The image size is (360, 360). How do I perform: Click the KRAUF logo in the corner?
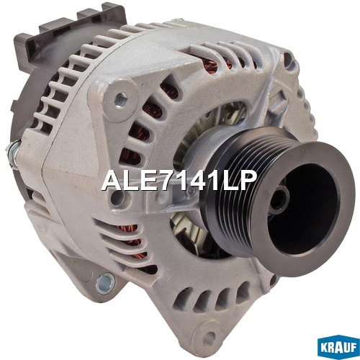coord(338,347)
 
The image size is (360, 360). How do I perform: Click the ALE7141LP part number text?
coord(179,181)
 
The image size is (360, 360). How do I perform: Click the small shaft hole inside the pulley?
coord(279,199)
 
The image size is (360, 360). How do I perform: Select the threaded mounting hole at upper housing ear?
coord(120,99)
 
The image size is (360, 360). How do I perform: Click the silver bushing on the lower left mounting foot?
coord(105,284)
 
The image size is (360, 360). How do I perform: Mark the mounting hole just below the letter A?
coord(117,199)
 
